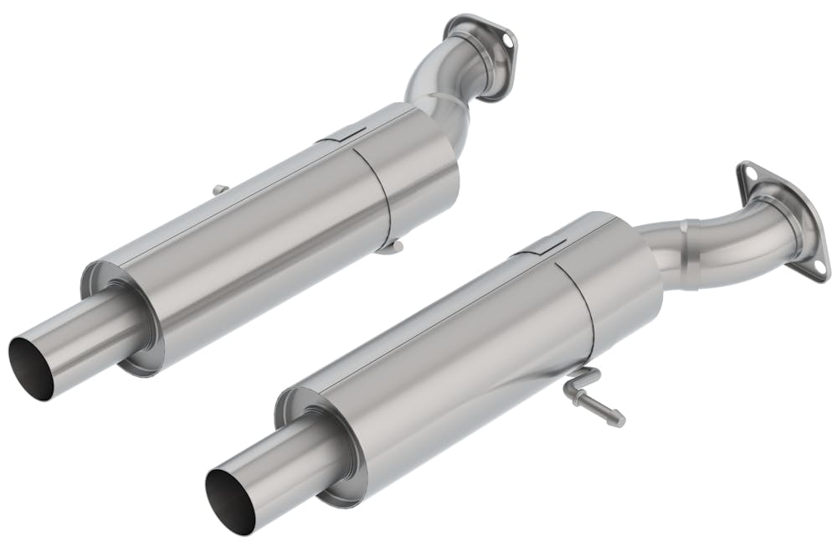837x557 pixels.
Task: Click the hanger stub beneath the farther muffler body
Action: [x=392, y=247]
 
